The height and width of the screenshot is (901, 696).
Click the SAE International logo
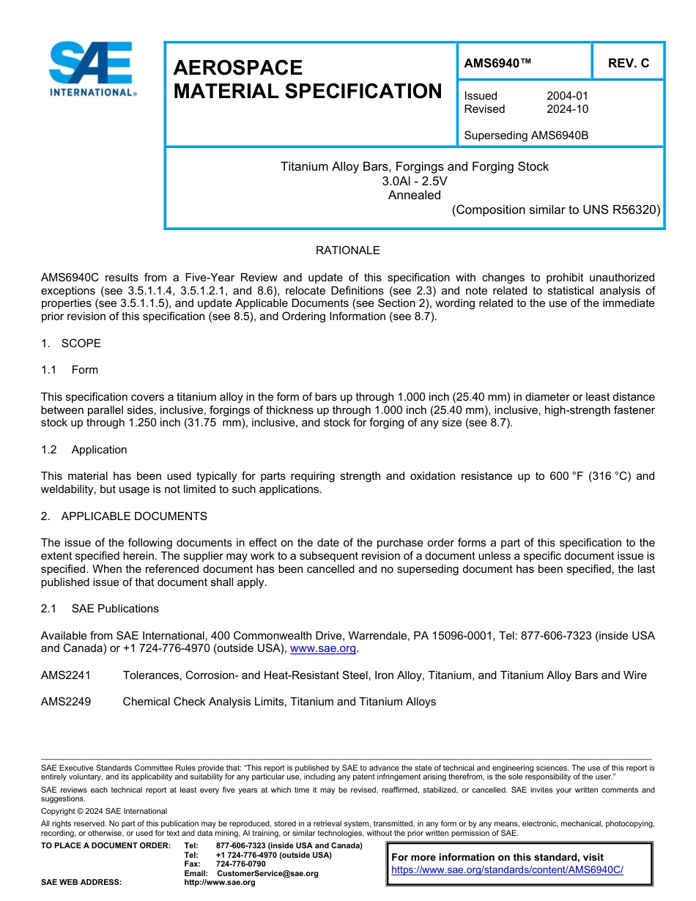click(x=91, y=70)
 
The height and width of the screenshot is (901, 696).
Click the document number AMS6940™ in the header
click(x=497, y=63)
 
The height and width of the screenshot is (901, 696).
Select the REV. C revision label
click(x=628, y=63)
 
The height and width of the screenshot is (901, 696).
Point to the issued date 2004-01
click(x=567, y=96)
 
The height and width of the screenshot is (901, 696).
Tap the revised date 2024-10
click(x=567, y=109)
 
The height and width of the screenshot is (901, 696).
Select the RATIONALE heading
click(x=347, y=251)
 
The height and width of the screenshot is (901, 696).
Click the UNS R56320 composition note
click(x=556, y=210)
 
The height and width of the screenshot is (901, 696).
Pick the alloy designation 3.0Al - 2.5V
click(x=414, y=181)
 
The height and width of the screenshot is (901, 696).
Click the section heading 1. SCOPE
click(x=71, y=344)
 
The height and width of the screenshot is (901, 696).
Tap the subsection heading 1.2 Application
click(x=84, y=450)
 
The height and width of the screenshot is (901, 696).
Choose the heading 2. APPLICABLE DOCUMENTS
click(x=124, y=516)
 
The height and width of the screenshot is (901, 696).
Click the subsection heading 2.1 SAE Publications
click(x=100, y=609)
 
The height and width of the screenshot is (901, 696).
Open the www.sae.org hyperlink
click(x=323, y=648)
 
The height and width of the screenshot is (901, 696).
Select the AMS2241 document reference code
click(x=66, y=675)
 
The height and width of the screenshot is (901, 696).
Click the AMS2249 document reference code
click(x=66, y=702)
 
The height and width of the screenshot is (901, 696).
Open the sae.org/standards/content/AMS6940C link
click(x=507, y=870)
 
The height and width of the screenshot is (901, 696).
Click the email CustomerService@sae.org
click(x=267, y=873)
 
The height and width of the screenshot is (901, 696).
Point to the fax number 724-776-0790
click(x=240, y=864)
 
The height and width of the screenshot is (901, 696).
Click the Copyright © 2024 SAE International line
click(x=104, y=811)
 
